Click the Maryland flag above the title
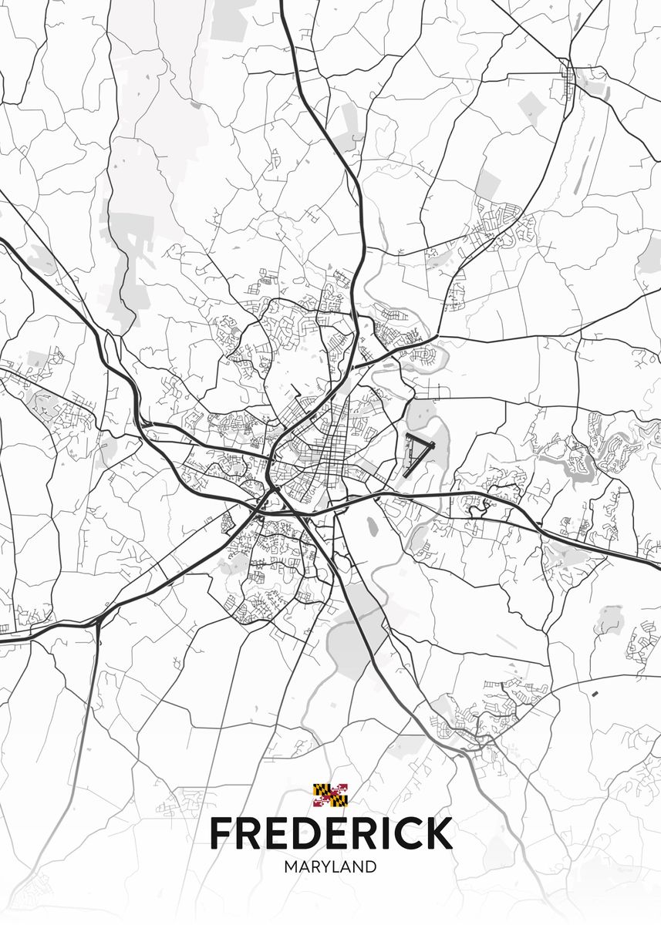(330, 795)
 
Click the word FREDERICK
(330, 833)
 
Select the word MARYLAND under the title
(330, 867)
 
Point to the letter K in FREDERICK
(437, 833)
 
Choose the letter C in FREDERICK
(403, 833)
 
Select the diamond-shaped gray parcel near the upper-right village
(531, 108)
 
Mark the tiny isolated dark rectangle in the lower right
(595, 693)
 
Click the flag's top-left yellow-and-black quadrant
(322, 789)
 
